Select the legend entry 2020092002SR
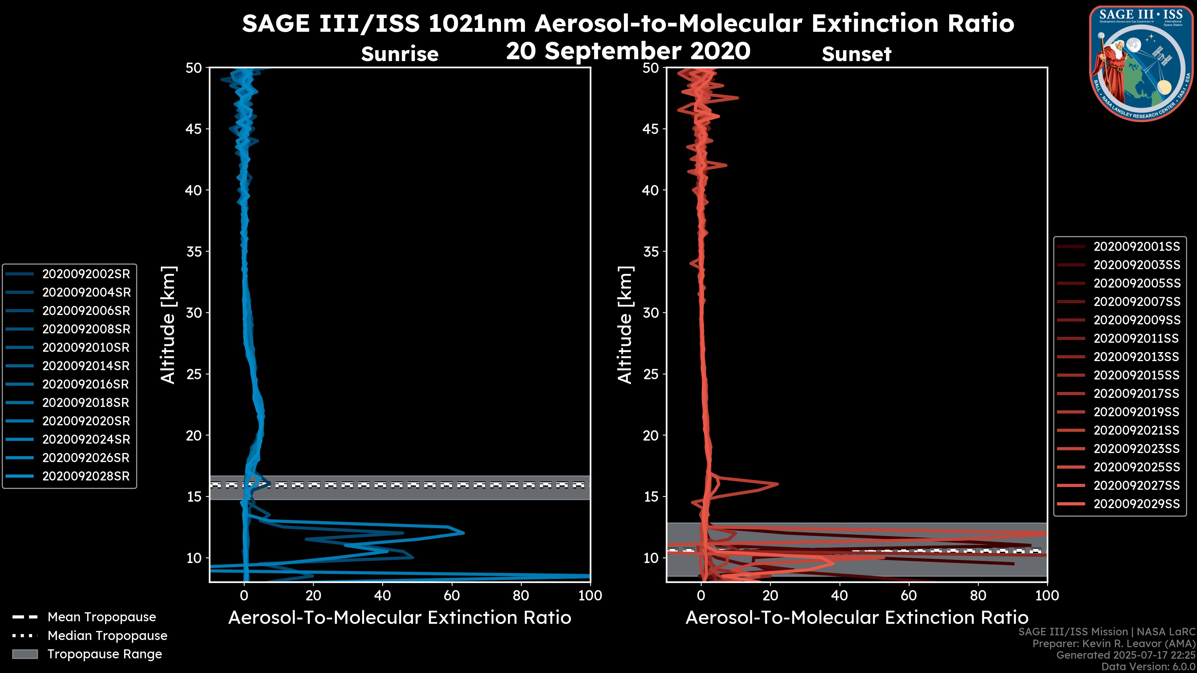[x=85, y=274]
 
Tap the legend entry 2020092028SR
[x=85, y=476]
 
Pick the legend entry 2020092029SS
[x=1136, y=504]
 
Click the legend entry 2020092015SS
[x=1136, y=375]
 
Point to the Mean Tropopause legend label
[x=101, y=617]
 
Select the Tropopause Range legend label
[x=104, y=654]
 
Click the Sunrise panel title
[x=400, y=54]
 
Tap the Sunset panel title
[x=856, y=54]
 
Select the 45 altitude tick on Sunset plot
[x=651, y=129]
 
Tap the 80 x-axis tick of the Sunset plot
[x=978, y=595]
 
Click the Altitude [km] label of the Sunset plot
[x=625, y=325]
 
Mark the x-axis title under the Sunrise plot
[x=400, y=618]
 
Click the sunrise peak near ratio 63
[x=463, y=533]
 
